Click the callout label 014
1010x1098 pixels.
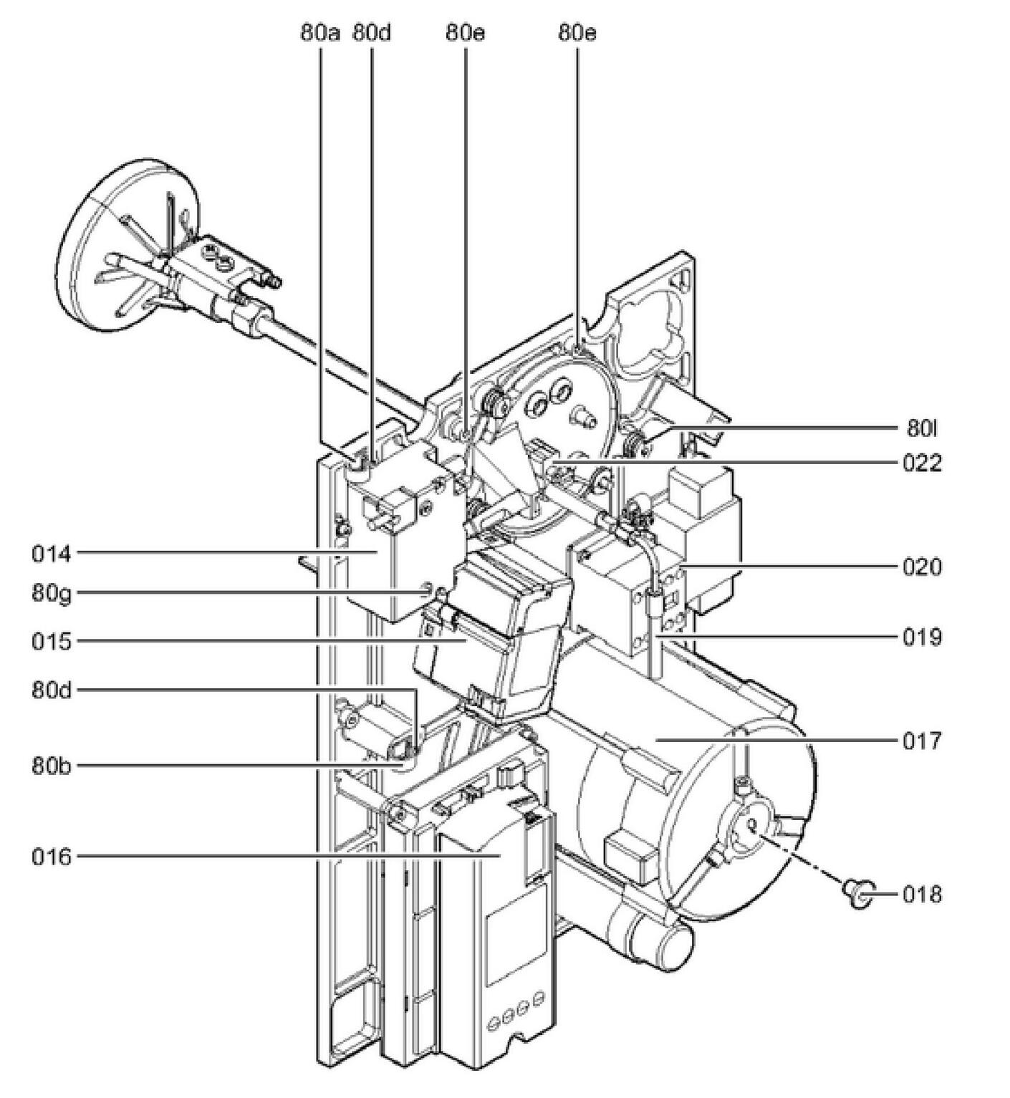51,553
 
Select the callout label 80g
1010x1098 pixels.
51,593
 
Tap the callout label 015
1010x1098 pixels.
51,641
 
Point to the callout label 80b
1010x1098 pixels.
51,766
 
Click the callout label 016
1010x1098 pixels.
51,857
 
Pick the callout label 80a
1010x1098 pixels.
319,33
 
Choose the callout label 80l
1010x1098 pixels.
922,428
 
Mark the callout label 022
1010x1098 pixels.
922,463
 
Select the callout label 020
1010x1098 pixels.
922,567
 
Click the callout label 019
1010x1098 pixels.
922,637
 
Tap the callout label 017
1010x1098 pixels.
922,741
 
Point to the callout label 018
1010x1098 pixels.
922,895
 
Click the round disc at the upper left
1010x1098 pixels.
107,251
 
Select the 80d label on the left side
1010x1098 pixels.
51,690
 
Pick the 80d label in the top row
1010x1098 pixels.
371,33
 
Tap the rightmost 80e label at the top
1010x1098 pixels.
577,33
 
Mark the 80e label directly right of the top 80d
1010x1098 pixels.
465,33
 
